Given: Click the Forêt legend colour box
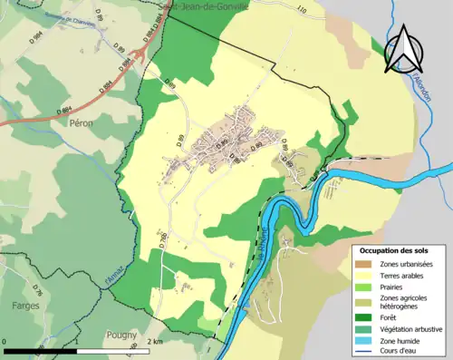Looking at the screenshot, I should tap(365, 317).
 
